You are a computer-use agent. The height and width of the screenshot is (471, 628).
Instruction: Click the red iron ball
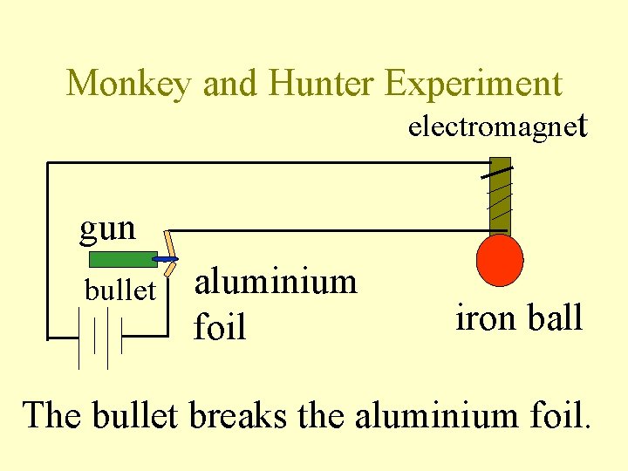tap(500, 259)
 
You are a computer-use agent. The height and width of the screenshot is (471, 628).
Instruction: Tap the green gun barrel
tap(122, 259)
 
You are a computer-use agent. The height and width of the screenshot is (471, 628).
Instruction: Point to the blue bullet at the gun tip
tap(165, 260)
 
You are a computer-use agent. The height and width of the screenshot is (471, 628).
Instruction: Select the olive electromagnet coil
tap(499, 196)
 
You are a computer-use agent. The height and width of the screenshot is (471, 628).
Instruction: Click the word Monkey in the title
tap(130, 84)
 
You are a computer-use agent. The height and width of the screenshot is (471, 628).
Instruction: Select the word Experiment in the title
tap(474, 84)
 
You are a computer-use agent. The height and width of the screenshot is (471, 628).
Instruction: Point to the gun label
tap(108, 229)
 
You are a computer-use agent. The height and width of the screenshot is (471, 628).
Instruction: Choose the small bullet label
tap(119, 290)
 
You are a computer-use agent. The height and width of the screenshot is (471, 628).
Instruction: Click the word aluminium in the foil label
tap(276, 283)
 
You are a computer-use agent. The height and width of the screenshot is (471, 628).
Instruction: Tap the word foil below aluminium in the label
tap(219, 328)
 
